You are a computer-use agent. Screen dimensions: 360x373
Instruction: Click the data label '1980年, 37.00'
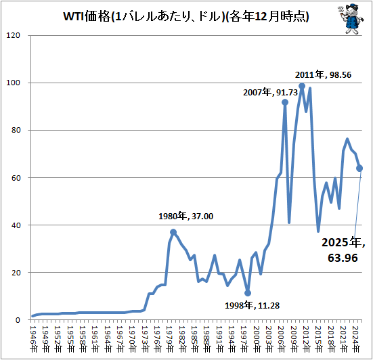pos(185,216)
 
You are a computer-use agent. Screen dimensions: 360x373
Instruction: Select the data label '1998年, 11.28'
pos(252,305)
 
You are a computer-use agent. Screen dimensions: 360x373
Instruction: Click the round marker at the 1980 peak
pos(173,232)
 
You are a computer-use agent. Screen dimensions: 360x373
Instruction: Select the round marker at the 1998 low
pos(248,293)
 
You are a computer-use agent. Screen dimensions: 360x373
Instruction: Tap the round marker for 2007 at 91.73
pos(285,102)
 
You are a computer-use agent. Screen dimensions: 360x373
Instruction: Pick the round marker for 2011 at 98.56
pos(302,86)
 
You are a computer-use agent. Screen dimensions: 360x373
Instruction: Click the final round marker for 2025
pos(360,168)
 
